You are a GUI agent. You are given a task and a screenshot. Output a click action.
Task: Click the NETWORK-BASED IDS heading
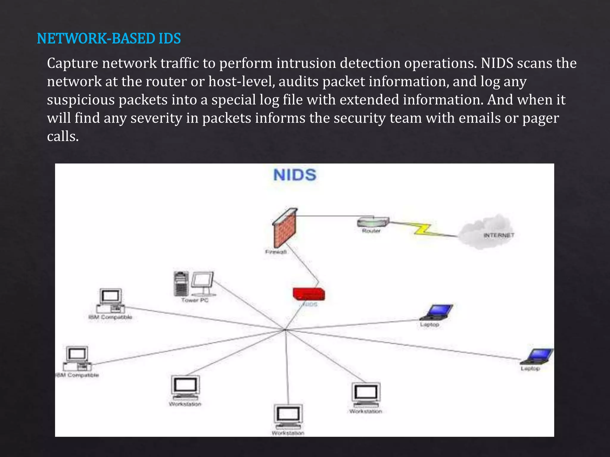tap(109, 39)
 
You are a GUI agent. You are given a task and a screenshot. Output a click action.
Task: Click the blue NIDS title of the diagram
tap(295, 175)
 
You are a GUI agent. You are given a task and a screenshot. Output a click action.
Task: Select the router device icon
tap(373, 222)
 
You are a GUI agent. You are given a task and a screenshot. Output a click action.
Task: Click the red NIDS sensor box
tap(309, 294)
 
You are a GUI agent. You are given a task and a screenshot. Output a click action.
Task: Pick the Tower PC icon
tap(194, 284)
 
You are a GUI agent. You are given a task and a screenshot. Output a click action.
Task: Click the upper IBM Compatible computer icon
tap(110, 301)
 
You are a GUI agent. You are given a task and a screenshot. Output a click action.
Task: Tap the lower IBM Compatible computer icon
tap(77, 358)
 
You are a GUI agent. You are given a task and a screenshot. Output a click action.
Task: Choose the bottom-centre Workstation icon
tap(288, 417)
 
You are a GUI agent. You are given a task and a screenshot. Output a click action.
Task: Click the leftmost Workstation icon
tap(185, 388)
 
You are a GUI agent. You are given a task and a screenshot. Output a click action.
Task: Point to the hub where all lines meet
tap(285, 330)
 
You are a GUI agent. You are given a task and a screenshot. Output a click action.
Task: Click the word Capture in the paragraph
tap(72, 63)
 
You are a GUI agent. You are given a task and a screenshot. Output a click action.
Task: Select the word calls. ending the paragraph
tap(63, 137)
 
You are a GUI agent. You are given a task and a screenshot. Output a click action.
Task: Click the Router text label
tap(371, 231)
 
